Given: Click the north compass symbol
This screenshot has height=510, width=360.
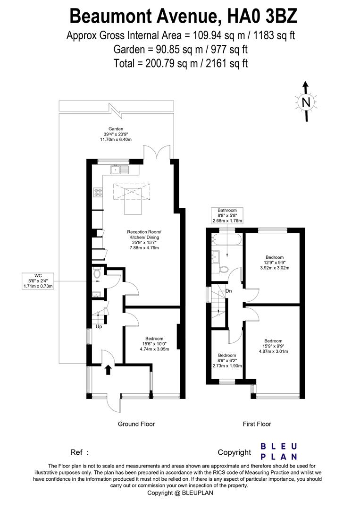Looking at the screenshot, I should [x=306, y=102].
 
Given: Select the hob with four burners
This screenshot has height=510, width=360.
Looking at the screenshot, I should [x=99, y=192].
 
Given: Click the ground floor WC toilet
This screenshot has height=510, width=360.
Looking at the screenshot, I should [x=97, y=273].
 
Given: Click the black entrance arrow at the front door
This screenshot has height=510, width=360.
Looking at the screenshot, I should [x=108, y=369].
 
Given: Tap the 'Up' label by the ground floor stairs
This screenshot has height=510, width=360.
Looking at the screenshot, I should [x=99, y=326].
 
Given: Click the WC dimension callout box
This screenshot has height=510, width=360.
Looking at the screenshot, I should [x=39, y=280].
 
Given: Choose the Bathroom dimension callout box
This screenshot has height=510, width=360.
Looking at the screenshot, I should [x=227, y=215].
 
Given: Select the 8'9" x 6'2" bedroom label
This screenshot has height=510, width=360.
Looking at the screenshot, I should [x=227, y=360].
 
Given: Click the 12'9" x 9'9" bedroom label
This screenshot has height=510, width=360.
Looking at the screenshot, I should [x=274, y=263].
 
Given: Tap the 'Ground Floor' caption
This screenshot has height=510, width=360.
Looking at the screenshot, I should [x=136, y=424].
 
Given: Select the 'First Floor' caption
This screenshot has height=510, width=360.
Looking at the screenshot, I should [x=257, y=424].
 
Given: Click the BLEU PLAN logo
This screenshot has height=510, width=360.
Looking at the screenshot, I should [x=279, y=451].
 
